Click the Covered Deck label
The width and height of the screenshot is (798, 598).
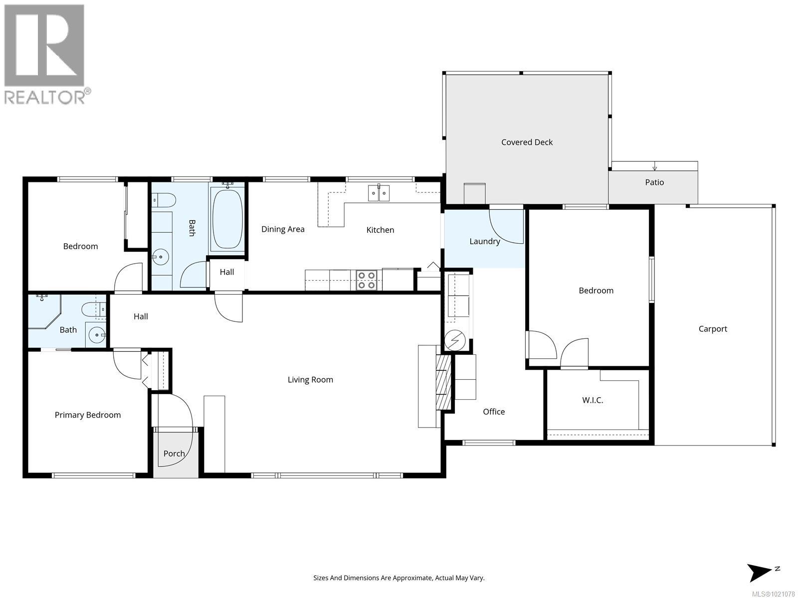click(527, 142)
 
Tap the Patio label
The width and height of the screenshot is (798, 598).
click(654, 182)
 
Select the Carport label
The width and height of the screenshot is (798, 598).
click(713, 329)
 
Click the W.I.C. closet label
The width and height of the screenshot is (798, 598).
click(593, 400)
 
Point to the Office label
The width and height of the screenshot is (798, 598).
click(494, 412)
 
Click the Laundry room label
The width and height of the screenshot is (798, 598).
click(484, 241)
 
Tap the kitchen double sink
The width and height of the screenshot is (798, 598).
click(379, 193)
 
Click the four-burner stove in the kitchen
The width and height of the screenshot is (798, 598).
click(367, 280)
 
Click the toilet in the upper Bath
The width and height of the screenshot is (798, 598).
click(164, 200)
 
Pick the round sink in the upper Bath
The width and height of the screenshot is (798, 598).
click(161, 258)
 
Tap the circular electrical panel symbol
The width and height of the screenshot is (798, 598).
click(455, 341)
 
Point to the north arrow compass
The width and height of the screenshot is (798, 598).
click(760, 572)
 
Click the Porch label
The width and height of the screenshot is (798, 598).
click(174, 453)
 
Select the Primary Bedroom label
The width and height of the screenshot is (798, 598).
click(88, 415)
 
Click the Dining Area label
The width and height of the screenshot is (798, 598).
click(283, 229)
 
